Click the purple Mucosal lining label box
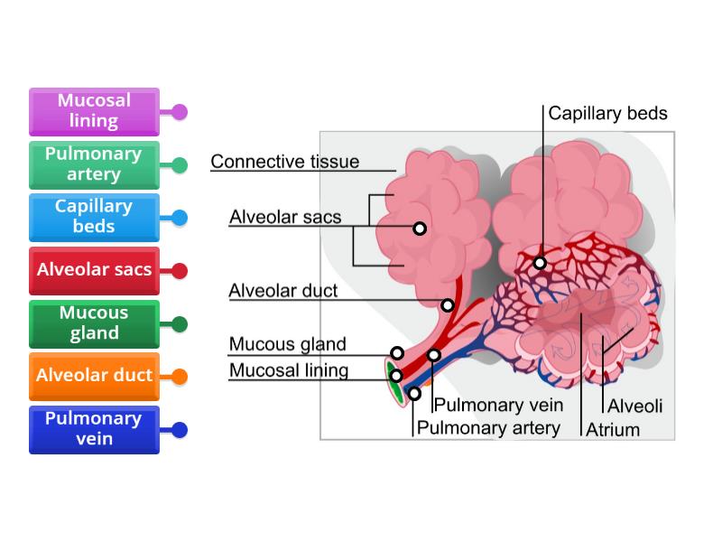pyautogui.click(x=94, y=111)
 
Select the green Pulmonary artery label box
pyautogui.click(x=94, y=164)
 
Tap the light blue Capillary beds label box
pyautogui.click(x=94, y=217)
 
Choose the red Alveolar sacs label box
pyautogui.click(x=94, y=269)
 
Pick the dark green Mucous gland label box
pyautogui.click(x=94, y=322)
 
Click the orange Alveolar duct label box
pyautogui.click(x=94, y=375)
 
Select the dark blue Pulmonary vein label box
pyautogui.click(x=94, y=428)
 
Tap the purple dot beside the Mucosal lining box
pyautogui.click(x=180, y=112)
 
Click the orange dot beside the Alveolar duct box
pyautogui.click(x=180, y=376)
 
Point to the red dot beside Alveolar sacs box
pyautogui.click(x=180, y=270)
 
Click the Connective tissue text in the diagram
pyautogui.click(x=284, y=162)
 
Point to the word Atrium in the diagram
pyautogui.click(x=613, y=429)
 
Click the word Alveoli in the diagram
pyautogui.click(x=634, y=406)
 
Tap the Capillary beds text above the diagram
pyautogui.click(x=607, y=113)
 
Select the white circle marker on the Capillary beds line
pyautogui.click(x=540, y=263)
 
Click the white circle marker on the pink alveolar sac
pyautogui.click(x=420, y=229)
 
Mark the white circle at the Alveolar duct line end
pyautogui.click(x=447, y=305)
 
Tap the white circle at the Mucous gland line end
pyautogui.click(x=397, y=353)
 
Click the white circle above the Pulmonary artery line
pyautogui.click(x=414, y=393)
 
